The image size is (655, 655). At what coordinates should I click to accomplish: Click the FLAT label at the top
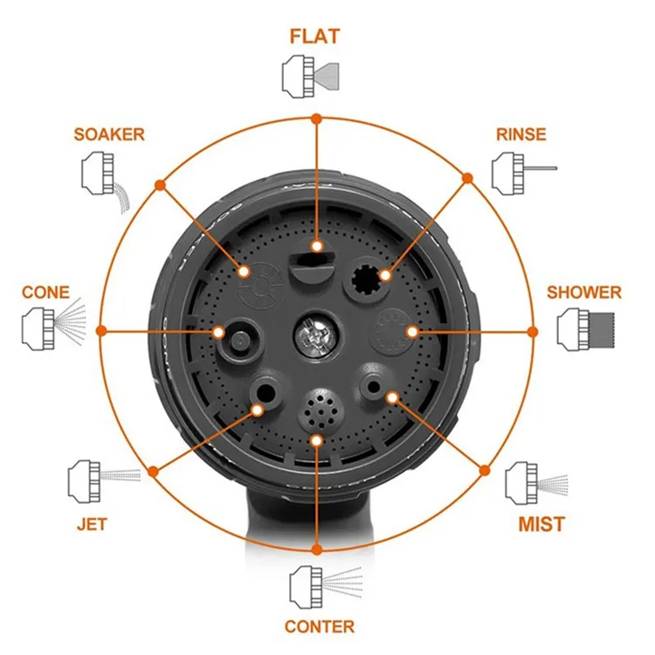[x=314, y=36]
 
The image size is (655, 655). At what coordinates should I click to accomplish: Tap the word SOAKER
[x=109, y=134]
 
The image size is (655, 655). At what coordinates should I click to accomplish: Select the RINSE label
[x=521, y=134]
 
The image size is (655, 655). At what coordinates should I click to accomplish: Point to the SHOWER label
[x=584, y=292]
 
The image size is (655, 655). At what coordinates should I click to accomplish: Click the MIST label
[x=541, y=524]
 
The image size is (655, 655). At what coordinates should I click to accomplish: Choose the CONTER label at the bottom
[x=320, y=626]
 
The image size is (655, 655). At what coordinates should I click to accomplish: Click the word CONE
[x=45, y=292]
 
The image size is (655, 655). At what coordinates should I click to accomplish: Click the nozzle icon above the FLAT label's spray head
[x=311, y=75]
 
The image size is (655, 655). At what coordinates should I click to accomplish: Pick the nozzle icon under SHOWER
[x=584, y=329]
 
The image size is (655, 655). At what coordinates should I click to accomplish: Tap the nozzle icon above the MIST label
[x=535, y=483]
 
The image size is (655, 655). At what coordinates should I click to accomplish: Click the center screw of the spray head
[x=314, y=334]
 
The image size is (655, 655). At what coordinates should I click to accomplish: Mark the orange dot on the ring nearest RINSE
[x=467, y=177]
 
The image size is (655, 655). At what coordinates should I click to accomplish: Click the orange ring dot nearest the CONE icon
[x=100, y=331]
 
